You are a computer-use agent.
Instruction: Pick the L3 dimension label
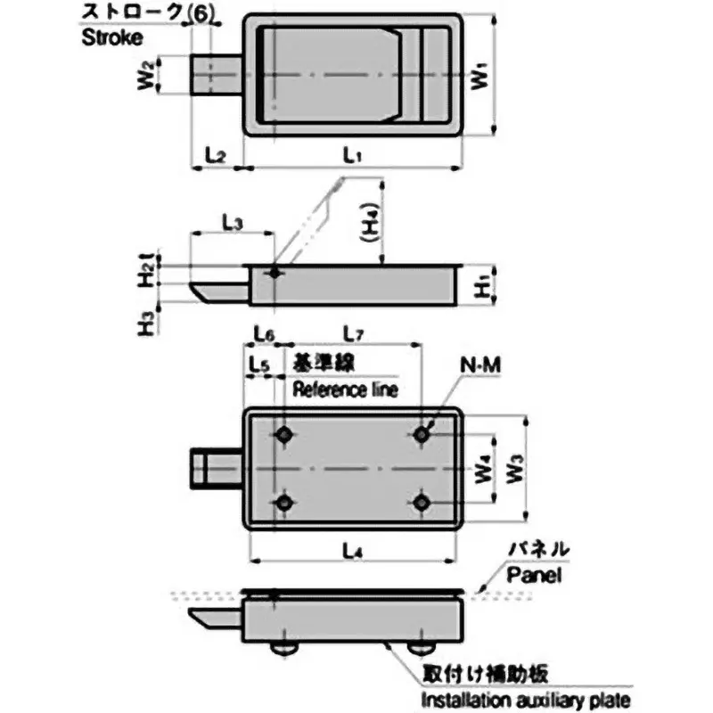coord(231,223)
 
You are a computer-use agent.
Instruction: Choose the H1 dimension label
coord(479,286)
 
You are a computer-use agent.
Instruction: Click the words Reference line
coord(344,389)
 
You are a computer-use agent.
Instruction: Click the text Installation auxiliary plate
coord(525,700)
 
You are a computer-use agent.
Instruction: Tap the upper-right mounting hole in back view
coord(422,434)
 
